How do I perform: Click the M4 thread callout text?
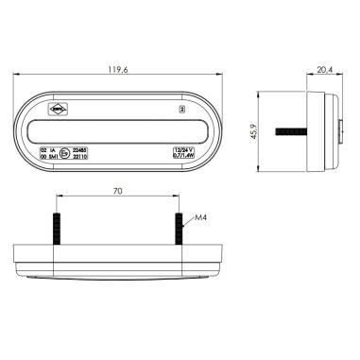pyautogui.click(x=199, y=220)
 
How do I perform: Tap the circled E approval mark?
pyautogui.click(x=63, y=152)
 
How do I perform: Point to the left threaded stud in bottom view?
pyautogui.click(x=58, y=228)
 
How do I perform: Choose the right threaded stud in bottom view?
pyautogui.click(x=178, y=228)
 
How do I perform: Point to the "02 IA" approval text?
pyautogui.click(x=48, y=148)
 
